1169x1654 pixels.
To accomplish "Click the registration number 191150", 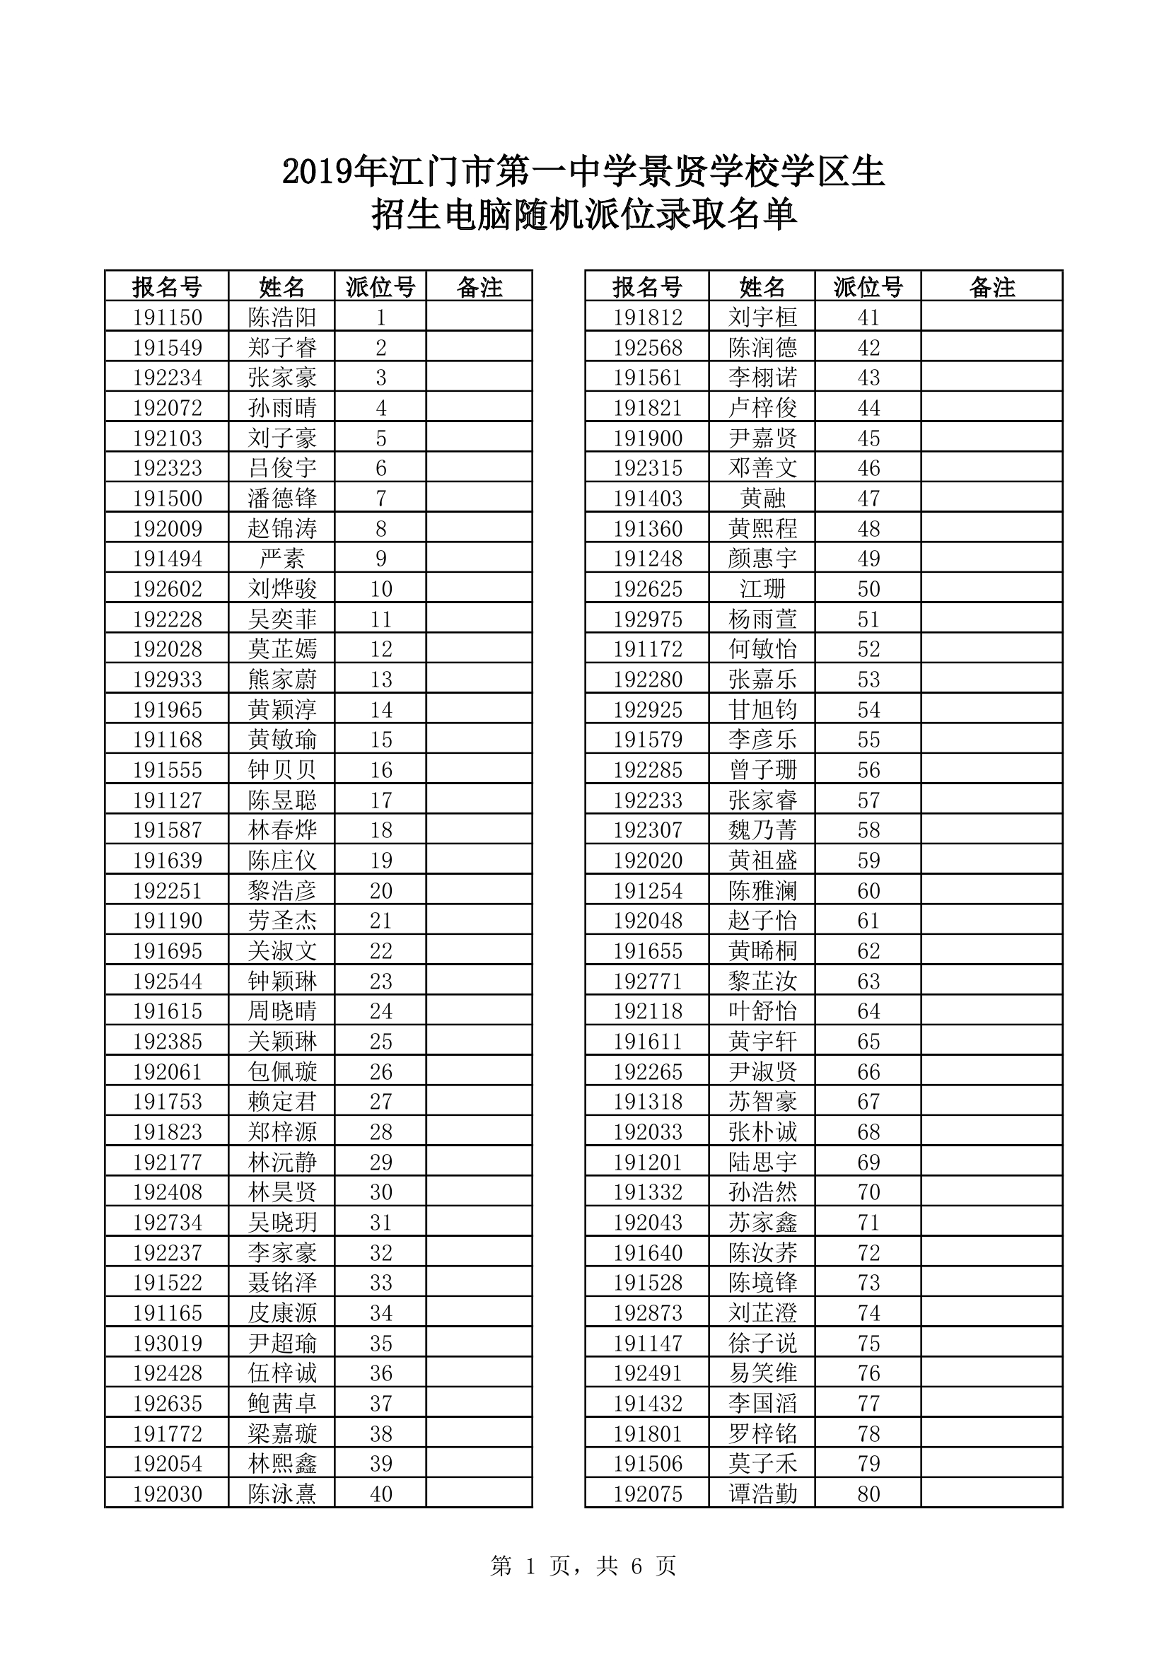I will click(167, 318).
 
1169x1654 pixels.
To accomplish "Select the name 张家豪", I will click(281, 378).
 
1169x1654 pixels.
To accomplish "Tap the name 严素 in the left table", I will click(281, 559).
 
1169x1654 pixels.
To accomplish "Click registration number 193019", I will click(167, 1344).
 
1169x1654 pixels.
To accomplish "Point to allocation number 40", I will click(380, 1494).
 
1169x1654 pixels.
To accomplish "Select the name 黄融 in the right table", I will click(762, 499).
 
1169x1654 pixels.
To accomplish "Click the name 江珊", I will click(762, 589).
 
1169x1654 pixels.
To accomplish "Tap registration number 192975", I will click(648, 619).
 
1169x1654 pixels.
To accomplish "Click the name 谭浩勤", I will click(762, 1494).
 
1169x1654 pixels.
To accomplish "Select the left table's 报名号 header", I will click(167, 287).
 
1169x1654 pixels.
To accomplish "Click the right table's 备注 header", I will click(991, 287).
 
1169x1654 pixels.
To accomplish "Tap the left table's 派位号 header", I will click(380, 287).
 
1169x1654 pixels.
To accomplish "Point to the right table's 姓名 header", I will click(762, 287).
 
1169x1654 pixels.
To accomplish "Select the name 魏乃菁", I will click(762, 831).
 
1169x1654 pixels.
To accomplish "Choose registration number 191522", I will click(167, 1283).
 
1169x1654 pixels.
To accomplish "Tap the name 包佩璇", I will click(281, 1072).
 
